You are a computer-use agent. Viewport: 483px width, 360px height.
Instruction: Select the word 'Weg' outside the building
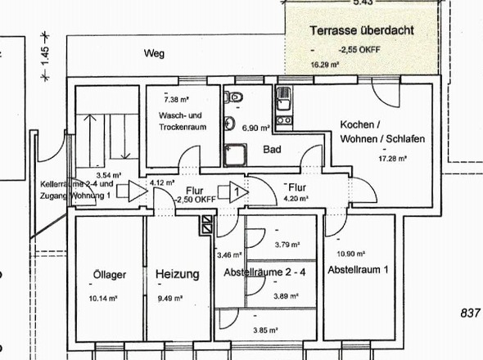[153, 54]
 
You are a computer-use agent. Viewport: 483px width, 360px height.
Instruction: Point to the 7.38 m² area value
[168, 98]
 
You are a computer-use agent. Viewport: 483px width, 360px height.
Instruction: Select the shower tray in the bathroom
[237, 153]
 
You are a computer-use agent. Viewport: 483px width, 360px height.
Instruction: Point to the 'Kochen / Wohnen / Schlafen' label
[381, 133]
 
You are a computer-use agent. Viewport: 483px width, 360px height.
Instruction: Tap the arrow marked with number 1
[234, 192]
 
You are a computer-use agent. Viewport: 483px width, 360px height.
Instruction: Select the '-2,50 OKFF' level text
[196, 199]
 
